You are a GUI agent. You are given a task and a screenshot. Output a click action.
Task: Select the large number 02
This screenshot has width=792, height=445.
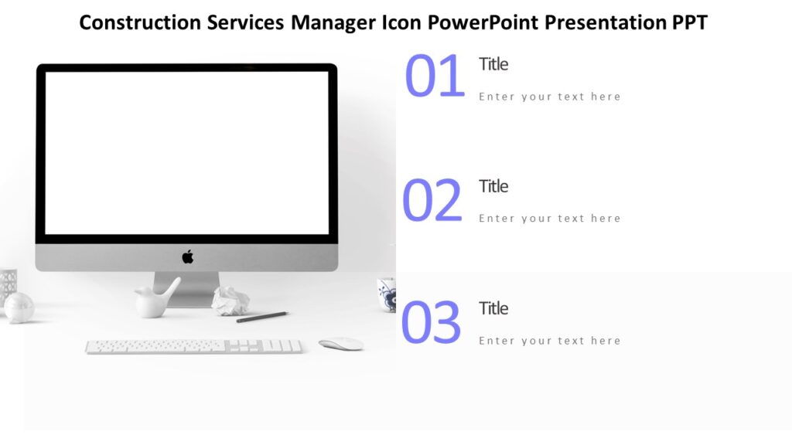(432, 200)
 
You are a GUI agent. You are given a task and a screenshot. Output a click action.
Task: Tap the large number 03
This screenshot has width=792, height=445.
(431, 323)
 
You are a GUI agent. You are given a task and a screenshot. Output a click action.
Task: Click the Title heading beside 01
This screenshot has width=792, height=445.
(493, 64)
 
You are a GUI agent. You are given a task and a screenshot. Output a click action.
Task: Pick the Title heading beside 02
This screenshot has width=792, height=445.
(493, 186)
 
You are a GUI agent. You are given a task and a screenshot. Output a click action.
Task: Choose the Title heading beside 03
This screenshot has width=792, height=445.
(493, 308)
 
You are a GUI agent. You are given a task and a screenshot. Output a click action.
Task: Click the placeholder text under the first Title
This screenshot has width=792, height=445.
(549, 97)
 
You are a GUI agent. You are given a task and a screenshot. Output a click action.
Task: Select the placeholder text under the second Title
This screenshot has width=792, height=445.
(549, 219)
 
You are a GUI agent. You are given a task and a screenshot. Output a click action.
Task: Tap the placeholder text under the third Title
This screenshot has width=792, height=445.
(549, 341)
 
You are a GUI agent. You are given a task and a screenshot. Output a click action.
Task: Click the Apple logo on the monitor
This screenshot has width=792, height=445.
(187, 257)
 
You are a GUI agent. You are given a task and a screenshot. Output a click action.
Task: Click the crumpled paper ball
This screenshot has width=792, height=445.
(230, 301)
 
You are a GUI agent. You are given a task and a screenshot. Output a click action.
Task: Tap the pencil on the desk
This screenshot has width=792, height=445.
(261, 317)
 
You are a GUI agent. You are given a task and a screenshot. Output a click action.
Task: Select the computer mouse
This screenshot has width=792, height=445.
(341, 344)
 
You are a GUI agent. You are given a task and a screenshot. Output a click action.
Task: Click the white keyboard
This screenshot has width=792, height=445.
(193, 346)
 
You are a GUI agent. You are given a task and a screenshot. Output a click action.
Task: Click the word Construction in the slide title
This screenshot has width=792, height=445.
(140, 22)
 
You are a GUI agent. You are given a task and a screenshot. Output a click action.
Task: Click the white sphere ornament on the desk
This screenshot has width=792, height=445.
(19, 307)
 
